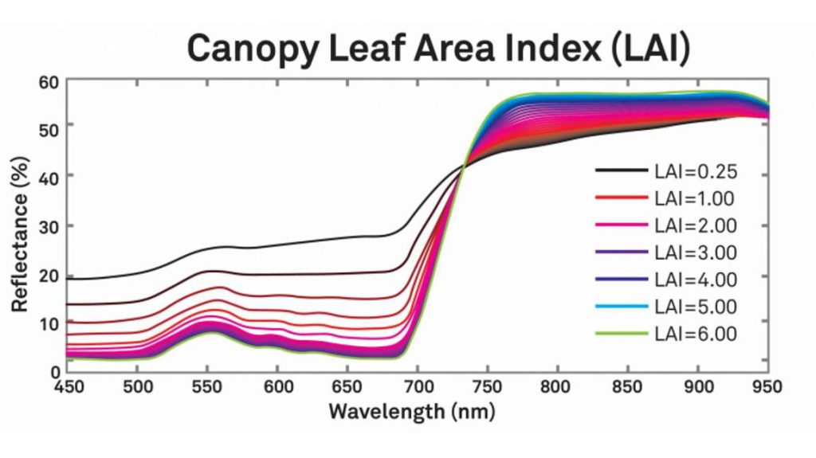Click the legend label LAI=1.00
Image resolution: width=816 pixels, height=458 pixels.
pyautogui.click(x=694, y=198)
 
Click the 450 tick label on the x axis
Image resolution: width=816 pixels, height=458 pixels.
pyautogui.click(x=67, y=388)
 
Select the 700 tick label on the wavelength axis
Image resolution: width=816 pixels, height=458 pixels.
pyautogui.click(x=418, y=388)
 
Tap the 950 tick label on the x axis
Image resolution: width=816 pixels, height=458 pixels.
pyautogui.click(x=768, y=388)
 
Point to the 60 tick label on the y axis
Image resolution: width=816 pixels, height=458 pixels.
pyautogui.click(x=50, y=82)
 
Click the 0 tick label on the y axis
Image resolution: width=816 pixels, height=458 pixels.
pyautogui.click(x=55, y=370)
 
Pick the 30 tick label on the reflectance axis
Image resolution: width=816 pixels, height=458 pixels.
pyautogui.click(x=50, y=226)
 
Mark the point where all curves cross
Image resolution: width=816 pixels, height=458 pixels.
pyautogui.click(x=464, y=165)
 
